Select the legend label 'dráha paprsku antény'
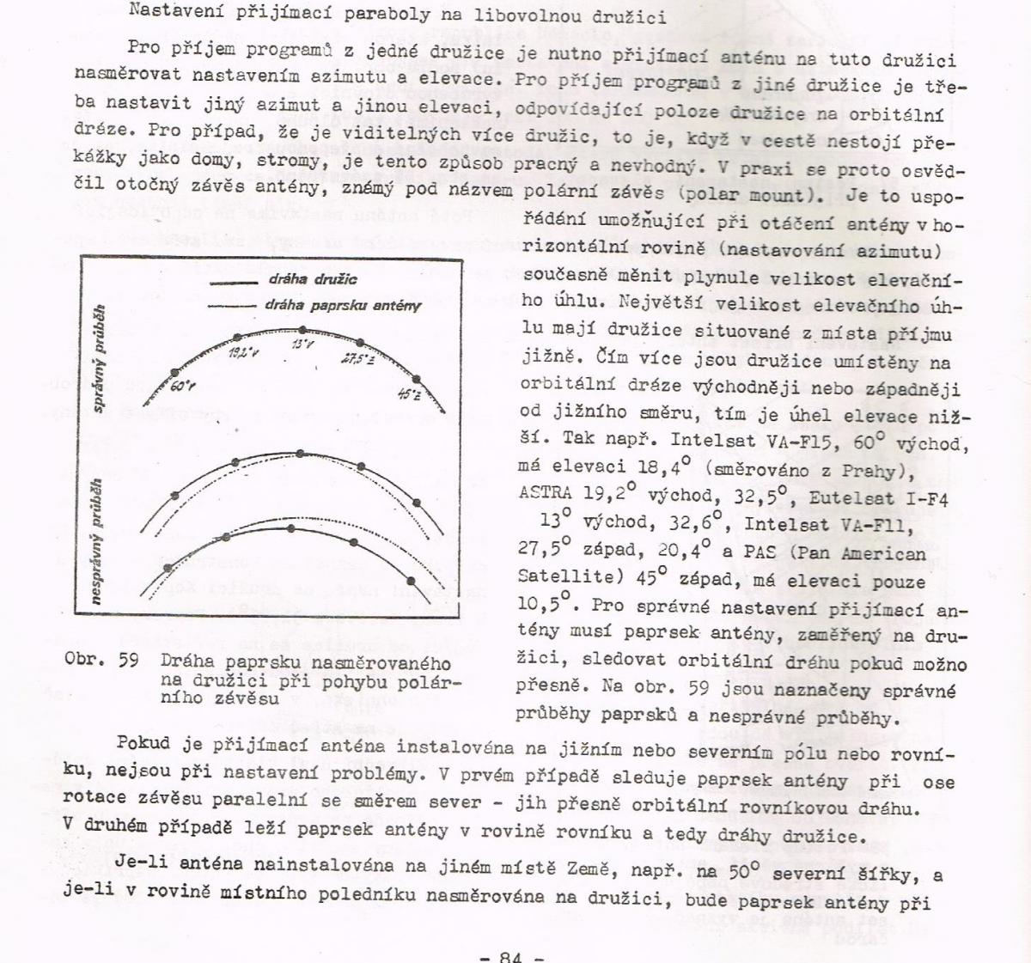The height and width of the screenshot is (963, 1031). point(343,305)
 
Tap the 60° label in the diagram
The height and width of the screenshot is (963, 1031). point(183,387)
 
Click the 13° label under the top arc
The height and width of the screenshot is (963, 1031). point(302,345)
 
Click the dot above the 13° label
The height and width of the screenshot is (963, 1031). point(302,330)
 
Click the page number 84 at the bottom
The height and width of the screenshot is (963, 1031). point(510,955)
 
